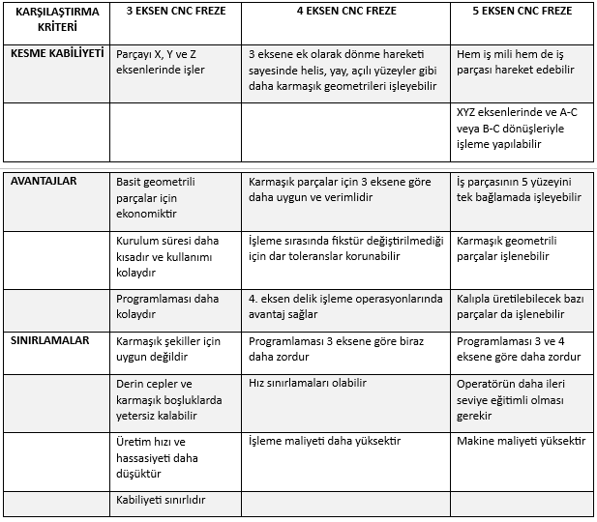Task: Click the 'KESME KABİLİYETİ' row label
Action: (57, 54)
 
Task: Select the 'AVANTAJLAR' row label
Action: (44, 180)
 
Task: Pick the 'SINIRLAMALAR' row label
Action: (50, 340)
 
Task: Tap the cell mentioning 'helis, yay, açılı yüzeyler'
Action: (343, 71)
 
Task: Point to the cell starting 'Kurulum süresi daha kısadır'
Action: (163, 257)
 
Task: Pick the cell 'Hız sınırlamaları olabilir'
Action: (308, 383)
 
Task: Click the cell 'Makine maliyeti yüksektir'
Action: (521, 441)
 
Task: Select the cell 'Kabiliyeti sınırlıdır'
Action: (164, 500)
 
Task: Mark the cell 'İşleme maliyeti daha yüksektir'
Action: (324, 441)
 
